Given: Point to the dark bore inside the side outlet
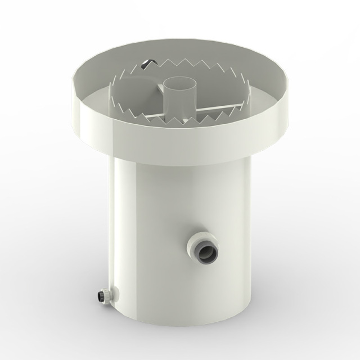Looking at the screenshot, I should [x=204, y=247].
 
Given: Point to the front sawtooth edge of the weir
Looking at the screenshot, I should [x=186, y=119].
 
